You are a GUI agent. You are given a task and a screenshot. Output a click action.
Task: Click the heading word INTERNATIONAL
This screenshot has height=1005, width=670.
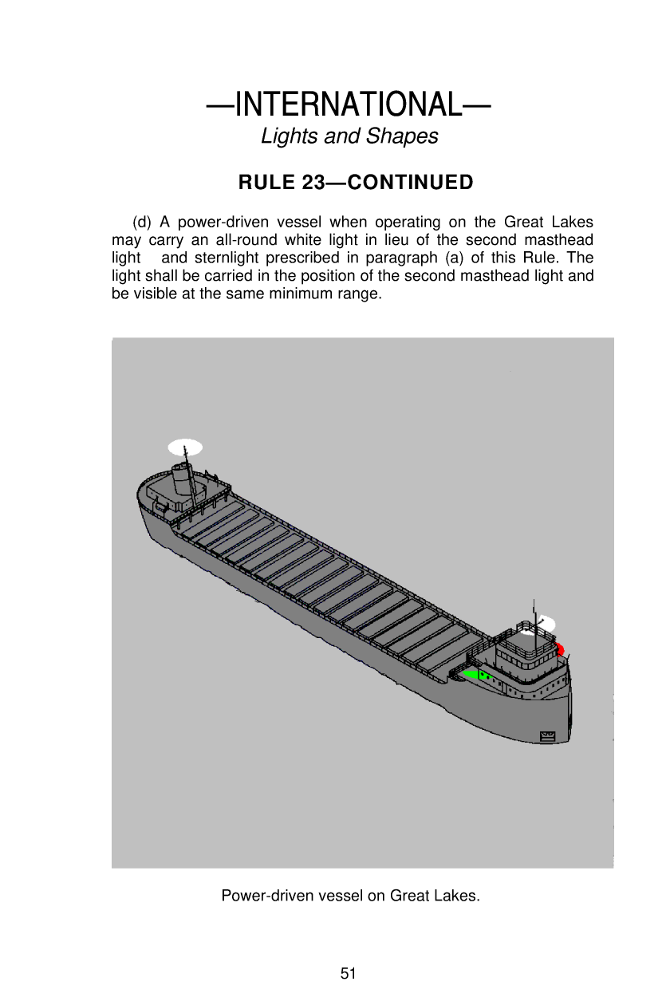[x=348, y=104]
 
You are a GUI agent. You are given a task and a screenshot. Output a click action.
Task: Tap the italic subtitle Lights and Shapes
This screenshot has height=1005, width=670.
[x=349, y=136]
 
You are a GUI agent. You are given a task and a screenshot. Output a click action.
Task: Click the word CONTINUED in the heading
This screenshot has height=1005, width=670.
[x=411, y=183]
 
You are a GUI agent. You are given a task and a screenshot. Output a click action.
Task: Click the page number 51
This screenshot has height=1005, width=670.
[x=348, y=973]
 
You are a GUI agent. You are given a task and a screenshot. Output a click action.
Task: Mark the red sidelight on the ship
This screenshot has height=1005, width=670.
[x=559, y=649]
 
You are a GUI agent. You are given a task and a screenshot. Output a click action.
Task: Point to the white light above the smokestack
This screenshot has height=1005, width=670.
[x=185, y=447]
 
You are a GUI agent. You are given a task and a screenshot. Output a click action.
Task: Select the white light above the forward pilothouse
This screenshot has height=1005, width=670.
[x=546, y=624]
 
